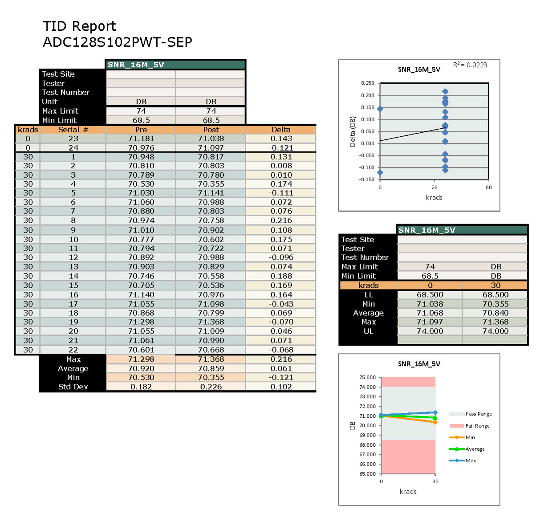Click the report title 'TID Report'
click(79, 26)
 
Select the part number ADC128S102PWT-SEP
click(118, 42)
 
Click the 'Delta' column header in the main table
click(281, 130)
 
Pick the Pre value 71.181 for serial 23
click(141, 139)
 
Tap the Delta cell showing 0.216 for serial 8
click(281, 220)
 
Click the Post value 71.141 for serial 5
click(211, 193)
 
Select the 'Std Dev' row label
click(73, 387)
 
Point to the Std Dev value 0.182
click(141, 387)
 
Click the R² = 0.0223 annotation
click(470, 65)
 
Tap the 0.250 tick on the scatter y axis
click(367, 83)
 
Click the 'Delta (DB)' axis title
click(353, 131)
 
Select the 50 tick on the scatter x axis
click(488, 188)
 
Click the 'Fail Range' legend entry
click(477, 426)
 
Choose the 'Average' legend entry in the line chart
click(475, 449)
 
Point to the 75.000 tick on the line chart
click(367, 378)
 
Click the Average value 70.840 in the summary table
click(495, 313)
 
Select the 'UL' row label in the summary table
click(368, 331)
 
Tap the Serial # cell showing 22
click(73, 350)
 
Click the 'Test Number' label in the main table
click(66, 93)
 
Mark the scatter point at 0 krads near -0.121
click(380, 172)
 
